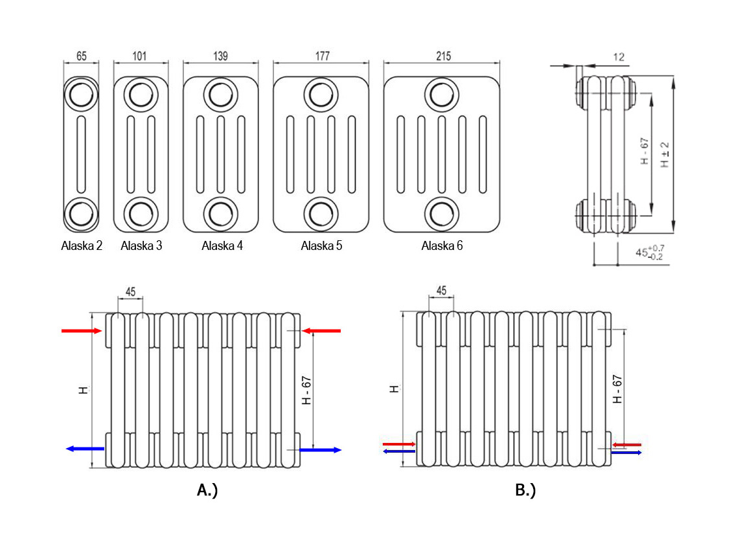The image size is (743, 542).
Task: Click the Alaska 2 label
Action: [82, 246]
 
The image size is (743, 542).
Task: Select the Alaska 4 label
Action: [222, 246]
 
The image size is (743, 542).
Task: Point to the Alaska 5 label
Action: [321, 246]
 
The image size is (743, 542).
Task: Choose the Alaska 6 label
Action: [442, 246]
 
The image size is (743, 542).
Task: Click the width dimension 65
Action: [81, 56]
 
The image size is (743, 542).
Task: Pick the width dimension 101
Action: [139, 56]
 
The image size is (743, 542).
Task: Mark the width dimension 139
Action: [220, 56]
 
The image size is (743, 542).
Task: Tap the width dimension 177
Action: [322, 56]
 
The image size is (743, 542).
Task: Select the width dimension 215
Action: [443, 56]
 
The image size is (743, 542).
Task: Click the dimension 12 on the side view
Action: [618, 58]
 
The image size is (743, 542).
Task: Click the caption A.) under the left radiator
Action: [207, 490]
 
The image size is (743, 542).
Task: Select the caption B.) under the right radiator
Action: [525, 490]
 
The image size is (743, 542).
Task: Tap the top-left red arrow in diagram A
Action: [82, 331]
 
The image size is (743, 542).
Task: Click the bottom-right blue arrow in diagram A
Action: [321, 449]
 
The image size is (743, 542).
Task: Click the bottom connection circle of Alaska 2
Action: [81, 214]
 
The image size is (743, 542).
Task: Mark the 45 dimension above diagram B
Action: [442, 291]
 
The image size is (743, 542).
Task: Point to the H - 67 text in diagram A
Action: [308, 390]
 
